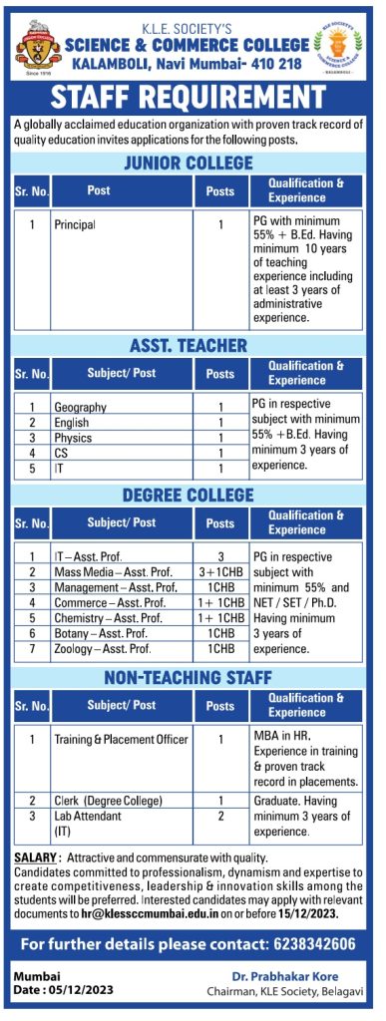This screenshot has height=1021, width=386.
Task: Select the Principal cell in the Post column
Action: (x=76, y=225)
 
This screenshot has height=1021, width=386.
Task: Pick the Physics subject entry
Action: (x=73, y=438)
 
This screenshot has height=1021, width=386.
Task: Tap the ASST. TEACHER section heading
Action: (x=188, y=345)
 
